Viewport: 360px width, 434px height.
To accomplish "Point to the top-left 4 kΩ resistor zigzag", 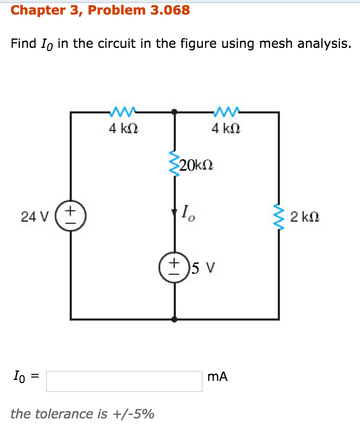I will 123,111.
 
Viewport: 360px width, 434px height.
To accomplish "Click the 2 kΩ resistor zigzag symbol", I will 279,216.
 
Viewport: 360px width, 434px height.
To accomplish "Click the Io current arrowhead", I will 174,213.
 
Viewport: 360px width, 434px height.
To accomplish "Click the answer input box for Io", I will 124,381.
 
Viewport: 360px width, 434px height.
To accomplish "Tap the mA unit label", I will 217,377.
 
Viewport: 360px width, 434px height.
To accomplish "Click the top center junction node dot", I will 174,111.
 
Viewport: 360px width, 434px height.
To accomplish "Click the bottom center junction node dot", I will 174,319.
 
